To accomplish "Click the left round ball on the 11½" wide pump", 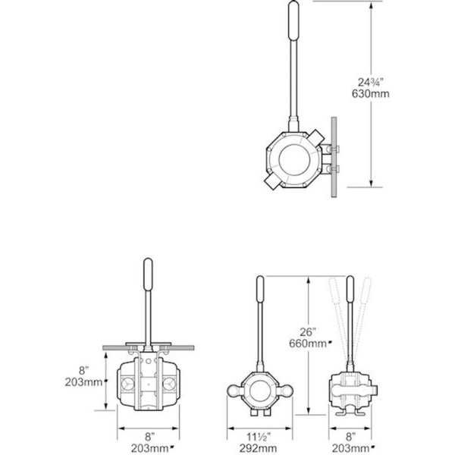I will tap(234, 391).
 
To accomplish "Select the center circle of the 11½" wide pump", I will tap(260, 391).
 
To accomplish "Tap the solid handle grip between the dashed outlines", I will tap(350, 292).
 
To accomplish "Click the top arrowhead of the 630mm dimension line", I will tap(371, 5).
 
